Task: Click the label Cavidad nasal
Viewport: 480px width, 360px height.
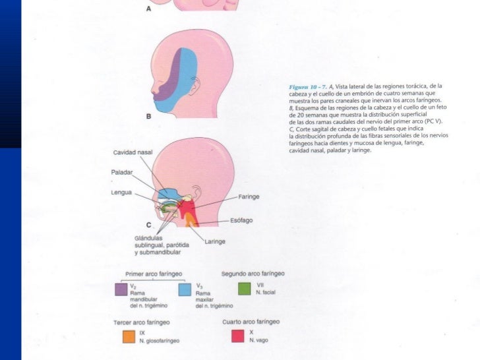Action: pos(133,152)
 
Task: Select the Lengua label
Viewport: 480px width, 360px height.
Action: pos(121,193)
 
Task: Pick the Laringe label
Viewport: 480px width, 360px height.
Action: pos(215,241)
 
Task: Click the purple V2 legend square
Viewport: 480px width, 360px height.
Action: pos(121,289)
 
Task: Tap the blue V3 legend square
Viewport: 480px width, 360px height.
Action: pos(185,289)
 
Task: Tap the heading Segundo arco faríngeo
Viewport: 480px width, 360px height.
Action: pos(251,272)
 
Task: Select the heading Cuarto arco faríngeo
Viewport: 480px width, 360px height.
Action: pos(251,321)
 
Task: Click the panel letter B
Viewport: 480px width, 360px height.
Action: pos(148,116)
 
